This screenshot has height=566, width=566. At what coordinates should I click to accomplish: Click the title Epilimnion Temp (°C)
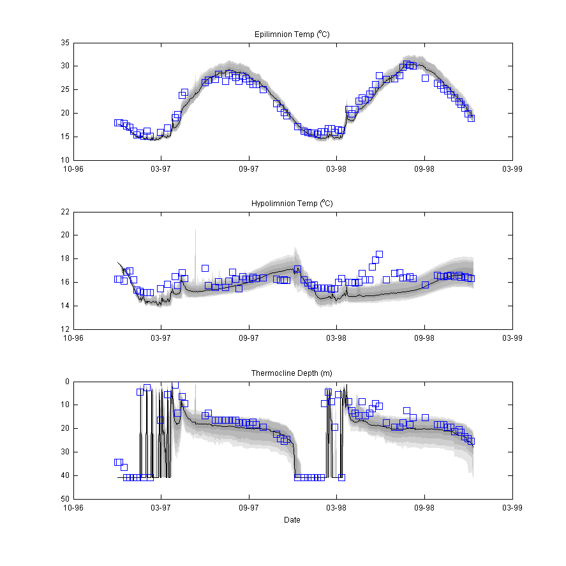292,34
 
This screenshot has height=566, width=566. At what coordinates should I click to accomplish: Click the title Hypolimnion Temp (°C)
292,203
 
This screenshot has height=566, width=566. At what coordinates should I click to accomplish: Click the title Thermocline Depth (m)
292,373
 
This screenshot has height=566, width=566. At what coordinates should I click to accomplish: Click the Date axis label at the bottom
292,520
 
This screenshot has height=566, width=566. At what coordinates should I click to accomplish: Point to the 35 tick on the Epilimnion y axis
65,43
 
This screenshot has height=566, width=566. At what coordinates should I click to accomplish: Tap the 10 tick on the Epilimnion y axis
65,160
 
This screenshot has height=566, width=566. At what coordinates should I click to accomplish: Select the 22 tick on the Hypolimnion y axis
65,212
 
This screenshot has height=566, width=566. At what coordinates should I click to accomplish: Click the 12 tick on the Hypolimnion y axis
65,329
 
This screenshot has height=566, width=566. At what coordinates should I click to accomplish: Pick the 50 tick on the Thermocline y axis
65,499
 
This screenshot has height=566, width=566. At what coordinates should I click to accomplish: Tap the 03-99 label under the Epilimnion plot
512,169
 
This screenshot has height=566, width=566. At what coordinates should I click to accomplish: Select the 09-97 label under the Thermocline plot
249,508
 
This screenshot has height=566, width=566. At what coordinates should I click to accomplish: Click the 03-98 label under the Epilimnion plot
336,169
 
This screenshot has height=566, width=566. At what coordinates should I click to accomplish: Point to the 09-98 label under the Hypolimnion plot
424,338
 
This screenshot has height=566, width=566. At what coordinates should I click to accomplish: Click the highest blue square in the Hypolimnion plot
379,254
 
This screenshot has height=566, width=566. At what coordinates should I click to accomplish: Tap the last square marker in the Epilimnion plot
471,118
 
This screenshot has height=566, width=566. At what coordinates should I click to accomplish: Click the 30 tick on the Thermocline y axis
65,452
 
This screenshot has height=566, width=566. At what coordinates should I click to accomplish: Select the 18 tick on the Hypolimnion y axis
65,259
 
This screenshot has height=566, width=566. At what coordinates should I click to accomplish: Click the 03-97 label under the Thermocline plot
161,508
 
